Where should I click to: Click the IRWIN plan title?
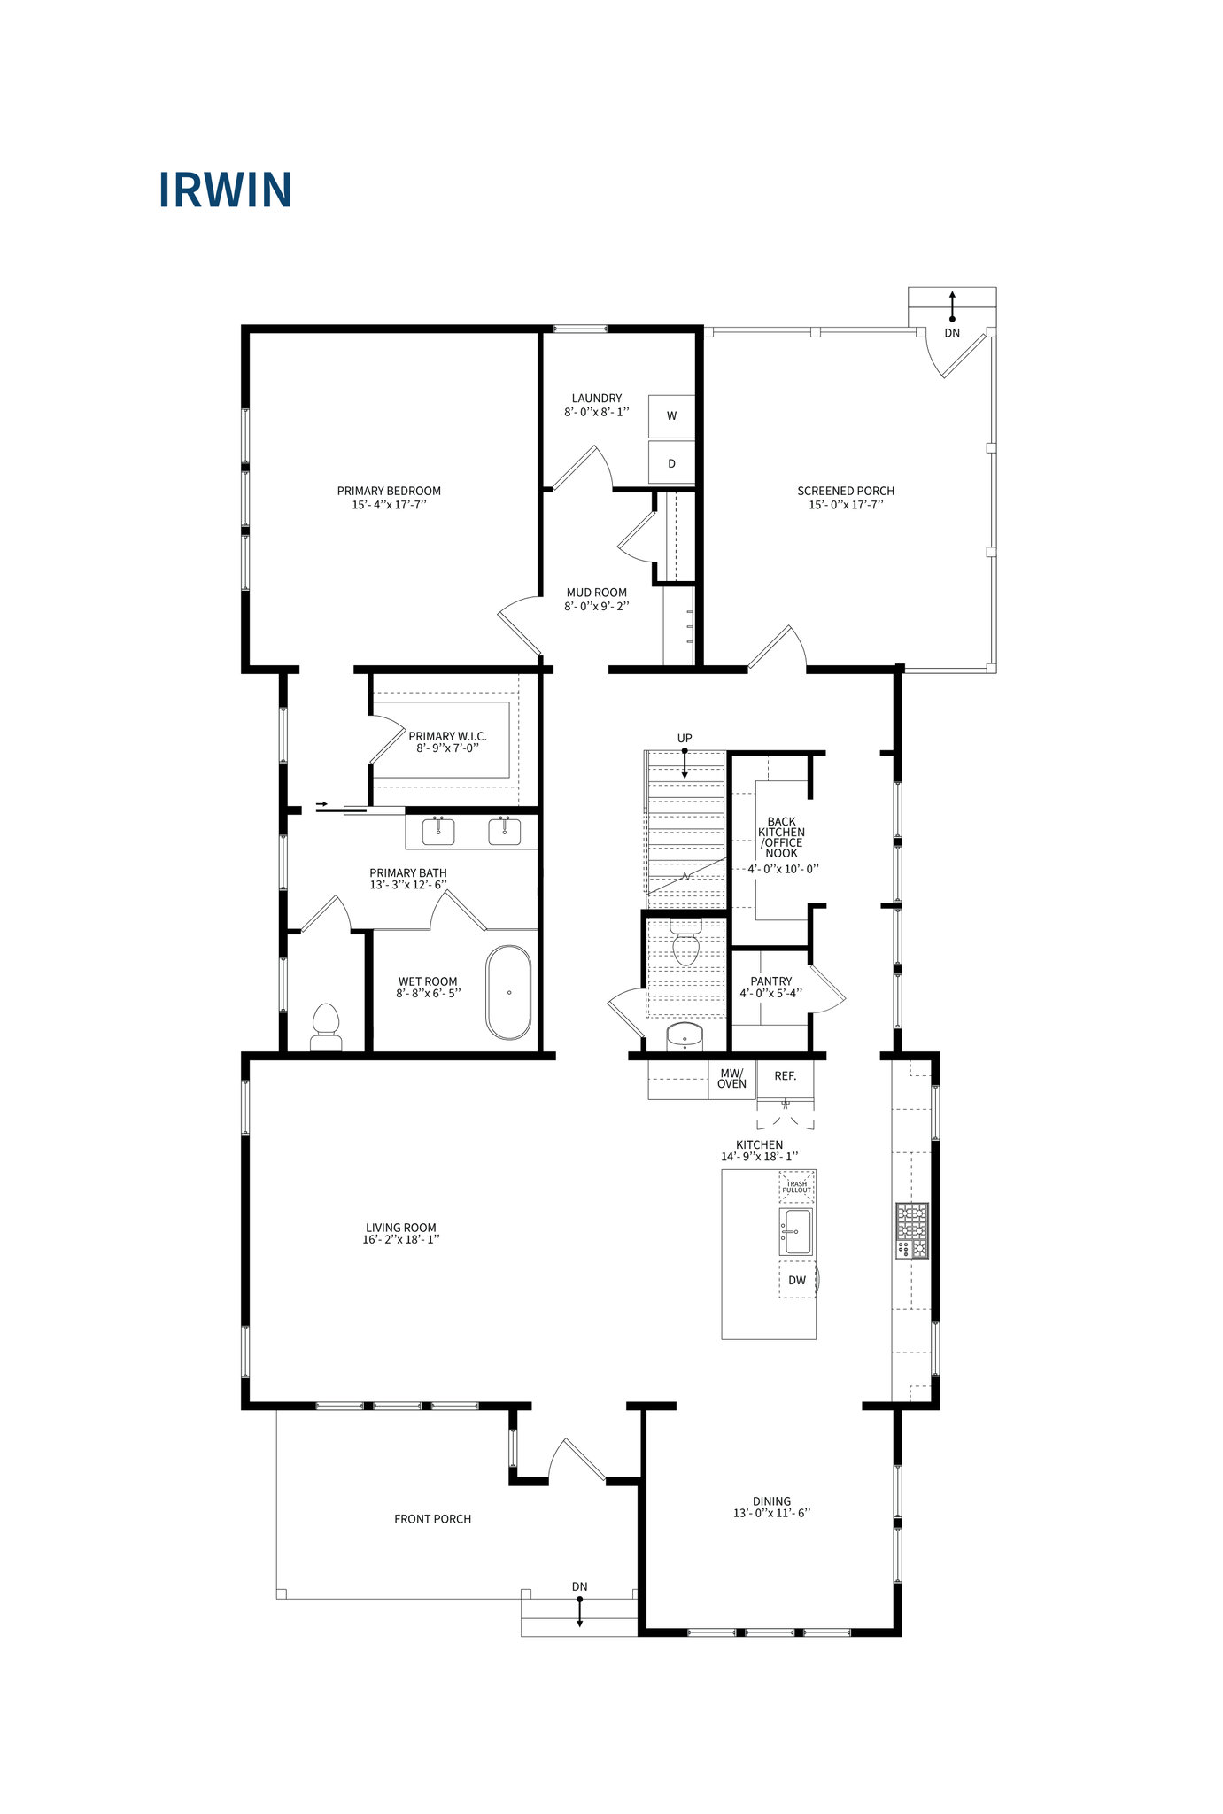click(x=225, y=190)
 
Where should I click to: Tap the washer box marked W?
click(x=671, y=415)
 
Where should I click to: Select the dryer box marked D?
click(x=671, y=463)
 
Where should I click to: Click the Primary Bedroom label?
click(x=389, y=491)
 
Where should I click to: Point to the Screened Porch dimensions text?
click(x=846, y=505)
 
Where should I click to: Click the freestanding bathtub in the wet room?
click(x=508, y=992)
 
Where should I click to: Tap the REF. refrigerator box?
click(x=785, y=1076)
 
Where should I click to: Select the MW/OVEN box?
click(x=731, y=1078)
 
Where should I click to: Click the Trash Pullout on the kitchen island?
click(x=796, y=1186)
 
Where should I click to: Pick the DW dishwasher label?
click(x=797, y=1280)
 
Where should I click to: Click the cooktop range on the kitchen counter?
click(x=911, y=1230)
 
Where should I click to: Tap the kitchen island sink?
click(x=796, y=1231)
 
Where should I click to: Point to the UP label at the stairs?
click(x=685, y=738)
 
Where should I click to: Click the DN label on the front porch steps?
click(x=579, y=1586)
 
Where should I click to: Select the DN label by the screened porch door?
click(x=952, y=333)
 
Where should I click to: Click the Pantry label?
click(x=770, y=981)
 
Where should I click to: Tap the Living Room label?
click(x=400, y=1228)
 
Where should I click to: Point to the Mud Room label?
click(x=596, y=593)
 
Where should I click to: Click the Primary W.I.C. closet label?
click(x=447, y=736)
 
